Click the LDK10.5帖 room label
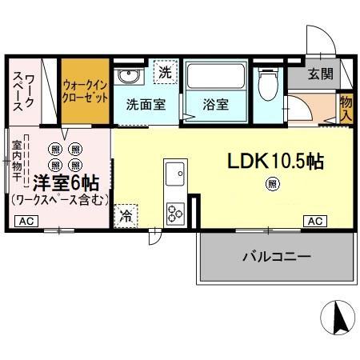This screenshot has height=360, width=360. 274,161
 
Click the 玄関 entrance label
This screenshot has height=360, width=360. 322,74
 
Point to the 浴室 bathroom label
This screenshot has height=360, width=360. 215,104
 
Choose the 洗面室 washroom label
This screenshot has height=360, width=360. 145,104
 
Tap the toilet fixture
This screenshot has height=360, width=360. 267,85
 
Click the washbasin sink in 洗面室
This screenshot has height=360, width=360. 127,77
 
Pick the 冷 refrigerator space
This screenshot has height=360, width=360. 126,214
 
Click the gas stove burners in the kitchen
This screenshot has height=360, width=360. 174,212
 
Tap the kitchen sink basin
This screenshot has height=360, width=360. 174,172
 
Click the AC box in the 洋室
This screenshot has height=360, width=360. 25,221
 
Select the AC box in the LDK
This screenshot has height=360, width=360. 314,221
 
